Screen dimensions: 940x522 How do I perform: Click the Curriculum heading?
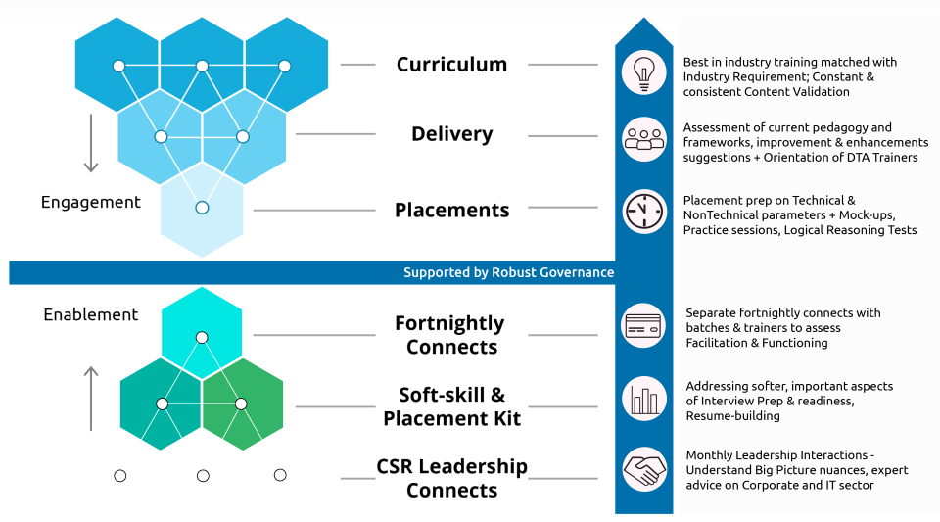pos(451,64)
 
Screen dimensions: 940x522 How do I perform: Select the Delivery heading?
pos(452,133)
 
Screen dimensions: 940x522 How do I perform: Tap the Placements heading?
pos(452,210)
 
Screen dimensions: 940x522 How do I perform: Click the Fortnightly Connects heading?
pos(450,334)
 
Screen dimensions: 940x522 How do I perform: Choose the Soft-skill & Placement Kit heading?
pos(452,405)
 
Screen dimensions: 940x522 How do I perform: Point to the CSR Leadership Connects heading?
pos(452,478)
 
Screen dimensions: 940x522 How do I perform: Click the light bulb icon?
pos(644,72)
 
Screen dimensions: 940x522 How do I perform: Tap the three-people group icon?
pos(644,139)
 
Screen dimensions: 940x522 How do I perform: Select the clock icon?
pos(644,211)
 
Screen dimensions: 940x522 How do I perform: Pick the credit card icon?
pos(643,326)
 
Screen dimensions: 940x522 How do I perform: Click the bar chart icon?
pos(644,399)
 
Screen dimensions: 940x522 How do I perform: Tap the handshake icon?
pos(644,469)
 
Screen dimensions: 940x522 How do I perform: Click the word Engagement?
pos(90,203)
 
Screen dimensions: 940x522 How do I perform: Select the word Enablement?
pos(90,314)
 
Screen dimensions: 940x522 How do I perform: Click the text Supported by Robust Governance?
pos(508,272)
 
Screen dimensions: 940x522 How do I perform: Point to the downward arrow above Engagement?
pos(91,143)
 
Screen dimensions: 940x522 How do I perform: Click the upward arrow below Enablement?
pos(91,399)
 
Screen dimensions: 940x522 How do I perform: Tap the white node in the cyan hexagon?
pos(202,338)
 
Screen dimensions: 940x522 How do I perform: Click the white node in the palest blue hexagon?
pos(202,208)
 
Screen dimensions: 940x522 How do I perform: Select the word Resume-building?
pos(732,416)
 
